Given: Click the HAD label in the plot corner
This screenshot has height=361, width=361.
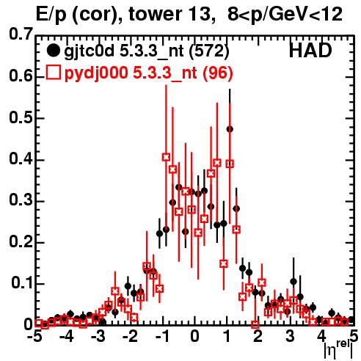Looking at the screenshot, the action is point(310,51).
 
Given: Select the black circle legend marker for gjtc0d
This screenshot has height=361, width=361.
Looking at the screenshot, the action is point(53,51).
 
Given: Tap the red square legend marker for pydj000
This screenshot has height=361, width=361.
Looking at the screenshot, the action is point(53,72).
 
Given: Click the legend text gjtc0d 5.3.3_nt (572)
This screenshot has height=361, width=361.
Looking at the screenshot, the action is point(146,51).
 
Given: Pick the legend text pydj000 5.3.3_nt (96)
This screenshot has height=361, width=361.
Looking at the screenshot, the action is point(148,73).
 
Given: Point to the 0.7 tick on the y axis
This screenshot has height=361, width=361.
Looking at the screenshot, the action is point(21,34).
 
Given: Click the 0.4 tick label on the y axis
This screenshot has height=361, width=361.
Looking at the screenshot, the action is point(21,158).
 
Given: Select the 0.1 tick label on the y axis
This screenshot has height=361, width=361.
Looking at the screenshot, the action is point(22,282).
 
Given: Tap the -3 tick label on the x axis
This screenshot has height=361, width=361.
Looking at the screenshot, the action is point(98,336).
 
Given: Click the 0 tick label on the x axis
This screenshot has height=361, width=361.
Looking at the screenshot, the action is point(194,336).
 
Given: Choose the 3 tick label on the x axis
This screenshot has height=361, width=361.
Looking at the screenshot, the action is point(290,336).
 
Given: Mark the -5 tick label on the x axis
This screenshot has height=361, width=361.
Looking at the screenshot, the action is point(35,336).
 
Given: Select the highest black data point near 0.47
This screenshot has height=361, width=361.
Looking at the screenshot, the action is point(230,129).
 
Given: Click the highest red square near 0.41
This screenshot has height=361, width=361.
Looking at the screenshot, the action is point(166,157).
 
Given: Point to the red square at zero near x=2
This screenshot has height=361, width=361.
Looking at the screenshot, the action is point(255,324).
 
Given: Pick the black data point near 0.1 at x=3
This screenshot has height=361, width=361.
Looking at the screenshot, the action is point(293,282).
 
